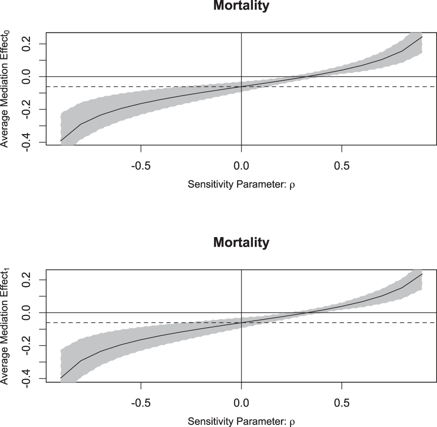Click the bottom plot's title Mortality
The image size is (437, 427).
pyautogui.click(x=241, y=242)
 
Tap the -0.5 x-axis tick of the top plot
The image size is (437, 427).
pyautogui.click(x=141, y=166)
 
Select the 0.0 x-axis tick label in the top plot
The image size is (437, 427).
pyautogui.click(x=241, y=166)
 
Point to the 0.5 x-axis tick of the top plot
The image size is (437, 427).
pyautogui.click(x=341, y=166)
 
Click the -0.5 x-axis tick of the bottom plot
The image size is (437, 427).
pyautogui.click(x=141, y=403)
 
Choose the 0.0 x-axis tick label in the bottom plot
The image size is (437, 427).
pyautogui.click(x=241, y=403)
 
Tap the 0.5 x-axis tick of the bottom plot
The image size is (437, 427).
pyautogui.click(x=341, y=403)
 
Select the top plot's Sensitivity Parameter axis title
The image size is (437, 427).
pyautogui.click(x=241, y=185)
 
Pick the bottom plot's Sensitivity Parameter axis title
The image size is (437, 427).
pyautogui.click(x=241, y=421)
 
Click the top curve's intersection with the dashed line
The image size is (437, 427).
pyautogui.click(x=241, y=86)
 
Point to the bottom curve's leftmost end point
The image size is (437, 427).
pyautogui.click(x=61, y=378)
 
